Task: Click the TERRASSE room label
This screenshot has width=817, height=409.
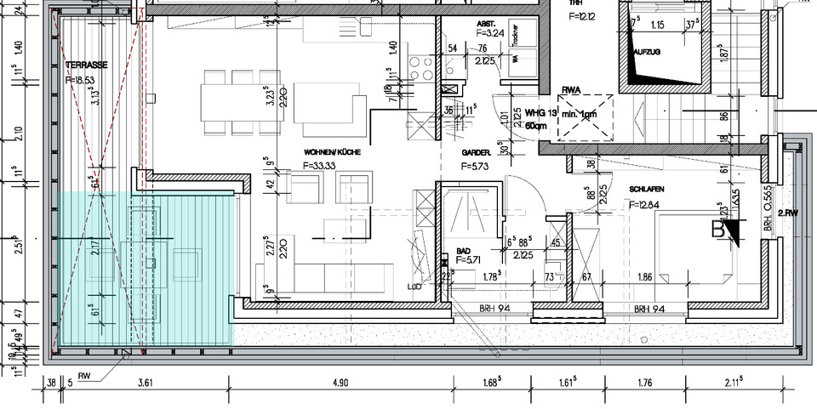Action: tap(85, 64)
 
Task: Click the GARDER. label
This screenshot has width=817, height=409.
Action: tap(477, 152)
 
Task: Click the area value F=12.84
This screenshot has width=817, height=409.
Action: tap(649, 205)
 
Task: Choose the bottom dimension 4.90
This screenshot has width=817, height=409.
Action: tap(340, 383)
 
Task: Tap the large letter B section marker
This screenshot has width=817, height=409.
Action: tap(720, 228)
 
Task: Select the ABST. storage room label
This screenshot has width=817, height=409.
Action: tap(486, 23)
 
